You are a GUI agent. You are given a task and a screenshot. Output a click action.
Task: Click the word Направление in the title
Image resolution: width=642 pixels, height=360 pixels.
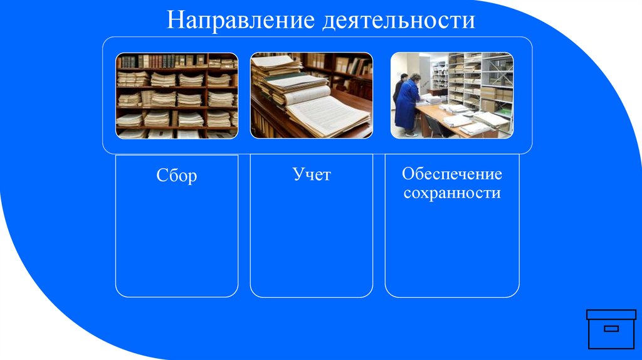[241, 20]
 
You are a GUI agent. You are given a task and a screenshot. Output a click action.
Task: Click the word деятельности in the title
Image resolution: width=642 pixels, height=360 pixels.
[398, 20]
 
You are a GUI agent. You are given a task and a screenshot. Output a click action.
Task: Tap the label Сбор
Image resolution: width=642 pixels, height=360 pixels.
[177, 176]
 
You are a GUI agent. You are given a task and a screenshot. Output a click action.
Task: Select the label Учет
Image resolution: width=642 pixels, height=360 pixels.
[312, 174]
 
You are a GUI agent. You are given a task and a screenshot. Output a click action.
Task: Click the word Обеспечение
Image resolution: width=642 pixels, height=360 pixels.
[452, 174]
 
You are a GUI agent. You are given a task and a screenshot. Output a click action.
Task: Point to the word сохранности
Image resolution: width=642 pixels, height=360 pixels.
[452, 193]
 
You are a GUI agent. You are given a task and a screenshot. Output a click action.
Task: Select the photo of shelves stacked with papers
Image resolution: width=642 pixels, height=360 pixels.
[177, 95]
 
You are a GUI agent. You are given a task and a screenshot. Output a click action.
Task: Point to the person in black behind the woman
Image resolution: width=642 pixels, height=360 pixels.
[399, 88]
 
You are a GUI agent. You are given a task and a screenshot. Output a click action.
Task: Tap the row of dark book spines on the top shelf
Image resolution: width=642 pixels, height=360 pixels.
[157, 61]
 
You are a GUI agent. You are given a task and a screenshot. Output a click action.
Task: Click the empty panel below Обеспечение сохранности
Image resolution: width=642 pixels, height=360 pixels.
[452, 251]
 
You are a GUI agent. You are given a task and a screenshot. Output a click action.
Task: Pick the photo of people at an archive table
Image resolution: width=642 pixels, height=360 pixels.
[452, 95]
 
